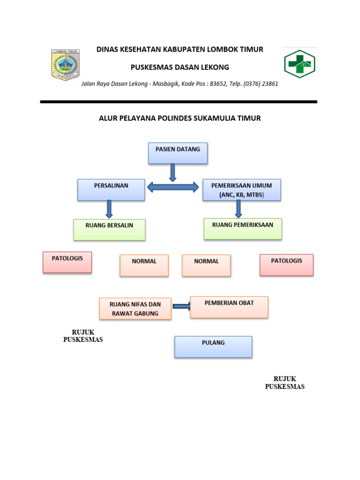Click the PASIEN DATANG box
[178, 153]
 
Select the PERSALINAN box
[111, 190]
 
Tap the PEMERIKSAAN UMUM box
[241, 190]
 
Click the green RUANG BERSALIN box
[109, 230]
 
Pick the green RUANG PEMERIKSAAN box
[243, 229]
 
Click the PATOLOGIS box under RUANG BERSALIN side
[67, 262]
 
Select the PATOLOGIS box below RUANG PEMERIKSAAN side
[286, 264]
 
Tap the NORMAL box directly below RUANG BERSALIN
[144, 265]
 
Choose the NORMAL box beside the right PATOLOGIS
[206, 265]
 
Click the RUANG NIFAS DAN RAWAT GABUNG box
[135, 309]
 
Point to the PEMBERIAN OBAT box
[229, 307]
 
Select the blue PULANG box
[213, 347]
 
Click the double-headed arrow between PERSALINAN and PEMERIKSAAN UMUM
[173, 187]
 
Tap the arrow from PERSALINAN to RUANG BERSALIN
[109, 209]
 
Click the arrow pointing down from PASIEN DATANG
[173, 172]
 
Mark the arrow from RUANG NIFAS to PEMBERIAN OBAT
[181, 307]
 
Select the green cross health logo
[299, 64]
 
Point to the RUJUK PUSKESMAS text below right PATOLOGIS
[285, 382]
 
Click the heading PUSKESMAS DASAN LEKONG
[180, 67]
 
